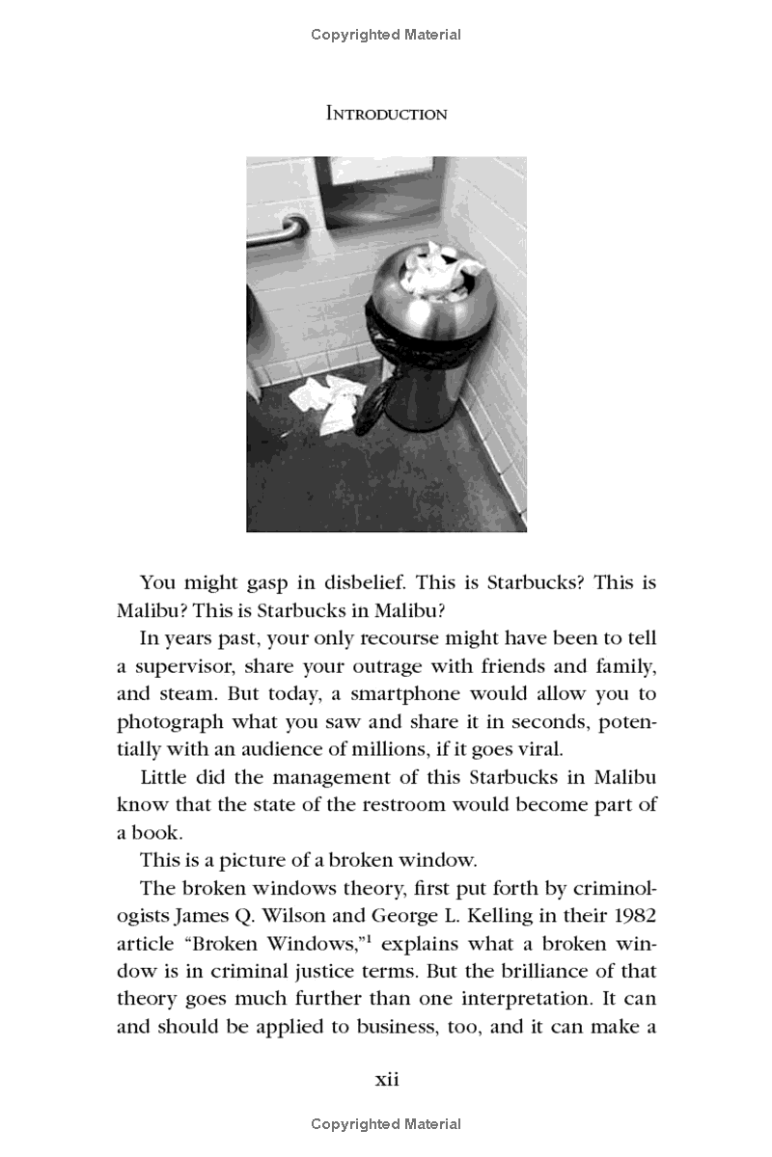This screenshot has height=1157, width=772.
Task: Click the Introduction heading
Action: (386, 114)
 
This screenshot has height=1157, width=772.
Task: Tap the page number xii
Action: (386, 1079)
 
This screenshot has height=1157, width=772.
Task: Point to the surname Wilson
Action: (289, 916)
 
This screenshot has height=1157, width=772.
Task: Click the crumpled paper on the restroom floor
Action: (328, 400)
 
